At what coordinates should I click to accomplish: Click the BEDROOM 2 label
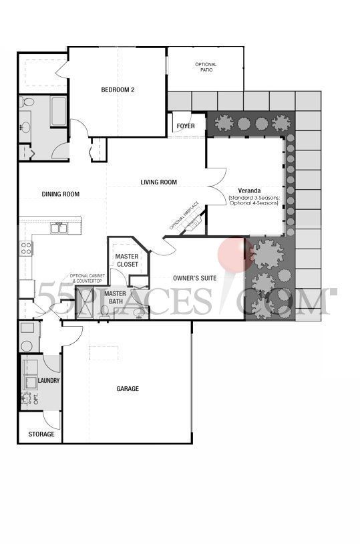[x=118, y=90]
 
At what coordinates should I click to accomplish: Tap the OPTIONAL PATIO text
[x=206, y=67]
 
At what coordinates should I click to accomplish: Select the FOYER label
[x=186, y=125]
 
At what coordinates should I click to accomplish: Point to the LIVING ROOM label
[x=158, y=182]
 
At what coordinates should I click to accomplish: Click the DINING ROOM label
[x=61, y=194]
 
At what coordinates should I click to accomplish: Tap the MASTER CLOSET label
[x=127, y=261]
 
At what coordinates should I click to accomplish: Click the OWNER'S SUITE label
[x=193, y=277]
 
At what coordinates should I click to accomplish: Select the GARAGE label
[x=128, y=388]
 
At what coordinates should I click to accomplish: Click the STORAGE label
[x=41, y=434]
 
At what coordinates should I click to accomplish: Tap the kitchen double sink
[x=59, y=229]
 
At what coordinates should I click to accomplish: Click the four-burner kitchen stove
[x=27, y=248]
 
